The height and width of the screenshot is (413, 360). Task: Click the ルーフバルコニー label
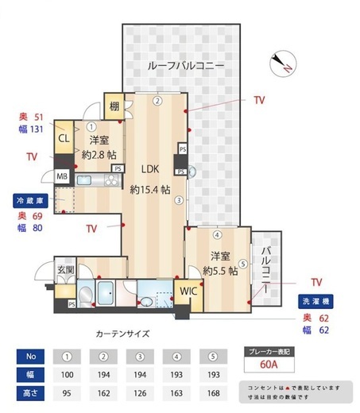185,64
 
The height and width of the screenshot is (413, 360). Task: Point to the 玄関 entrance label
66,270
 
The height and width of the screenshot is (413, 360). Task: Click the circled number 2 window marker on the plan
157,101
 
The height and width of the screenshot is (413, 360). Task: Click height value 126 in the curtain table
141,392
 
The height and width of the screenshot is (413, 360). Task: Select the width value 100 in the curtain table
68,374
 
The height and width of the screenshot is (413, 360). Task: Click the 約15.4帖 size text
150,190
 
